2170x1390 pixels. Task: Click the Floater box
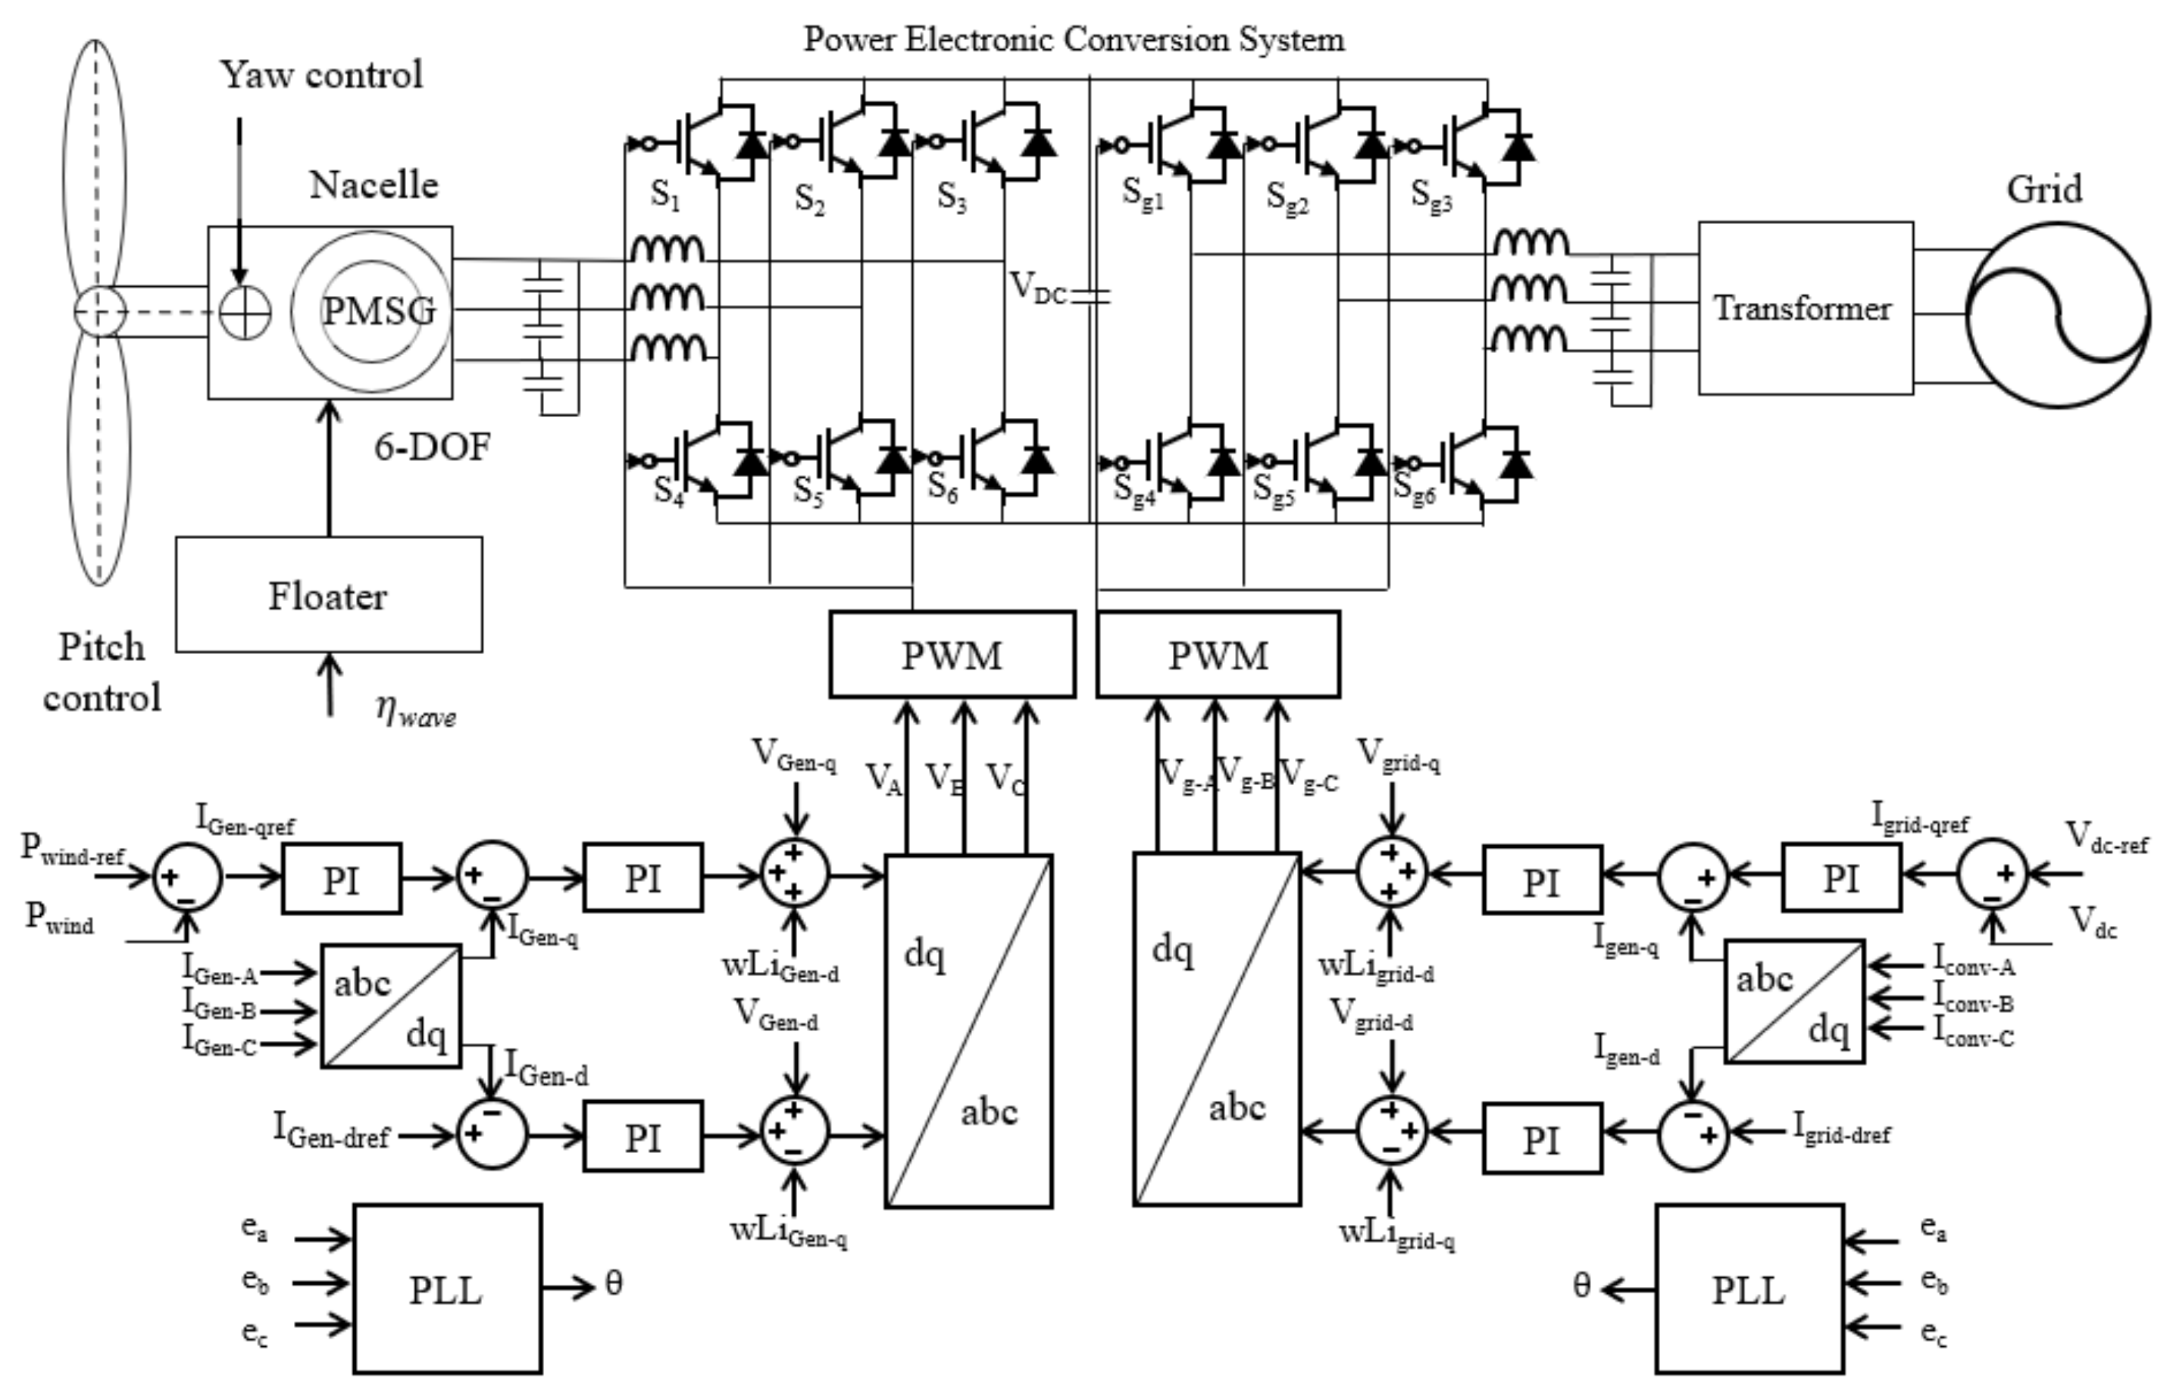point(329,595)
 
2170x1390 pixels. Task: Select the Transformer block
point(1804,309)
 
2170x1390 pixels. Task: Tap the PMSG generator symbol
point(371,310)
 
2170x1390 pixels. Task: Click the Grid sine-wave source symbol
point(2058,316)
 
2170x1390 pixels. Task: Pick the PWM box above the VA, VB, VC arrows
point(952,654)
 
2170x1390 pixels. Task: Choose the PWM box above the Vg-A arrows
point(1218,654)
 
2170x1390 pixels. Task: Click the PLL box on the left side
point(447,1289)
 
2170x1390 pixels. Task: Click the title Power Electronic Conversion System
point(1074,39)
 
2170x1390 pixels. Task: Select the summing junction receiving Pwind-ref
point(187,875)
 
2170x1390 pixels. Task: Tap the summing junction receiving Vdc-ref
point(1991,874)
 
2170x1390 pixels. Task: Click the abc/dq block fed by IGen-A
point(391,1006)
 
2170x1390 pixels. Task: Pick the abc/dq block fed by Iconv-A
point(1794,1002)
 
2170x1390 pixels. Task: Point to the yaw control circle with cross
point(245,313)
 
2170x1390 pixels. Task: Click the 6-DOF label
point(433,447)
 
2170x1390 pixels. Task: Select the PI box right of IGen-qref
point(342,878)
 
